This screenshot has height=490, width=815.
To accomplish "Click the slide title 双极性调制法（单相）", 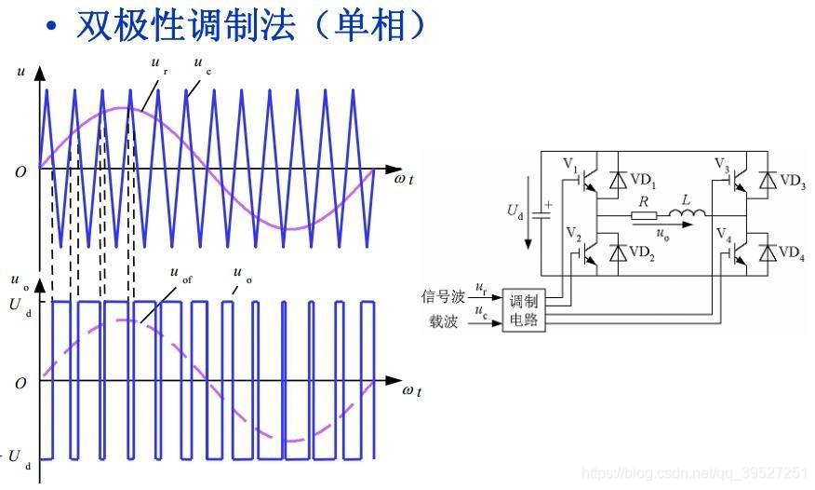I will [x=251, y=25].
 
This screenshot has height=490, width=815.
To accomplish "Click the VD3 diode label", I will [x=793, y=181].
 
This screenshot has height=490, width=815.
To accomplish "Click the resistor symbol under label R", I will [x=644, y=218].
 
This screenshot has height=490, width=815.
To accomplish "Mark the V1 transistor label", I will [x=570, y=166].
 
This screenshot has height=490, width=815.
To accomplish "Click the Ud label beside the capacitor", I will [x=515, y=214].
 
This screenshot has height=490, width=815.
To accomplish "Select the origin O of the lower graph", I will [x=20, y=383].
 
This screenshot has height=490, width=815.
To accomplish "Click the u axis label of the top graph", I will [x=20, y=71].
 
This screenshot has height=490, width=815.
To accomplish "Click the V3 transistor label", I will [x=722, y=164].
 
